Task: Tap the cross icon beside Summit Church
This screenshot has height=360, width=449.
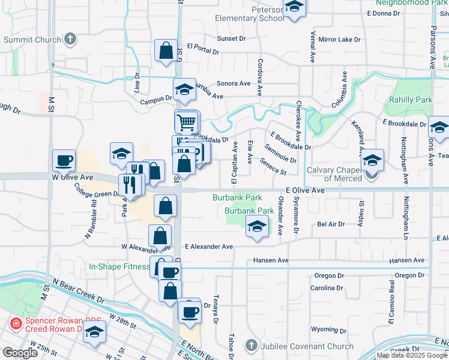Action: coord(70,40)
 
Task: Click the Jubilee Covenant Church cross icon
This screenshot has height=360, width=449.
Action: coord(251,346)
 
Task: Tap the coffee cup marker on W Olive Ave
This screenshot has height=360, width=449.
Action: coord(64,161)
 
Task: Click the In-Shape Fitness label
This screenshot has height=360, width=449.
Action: coord(119,266)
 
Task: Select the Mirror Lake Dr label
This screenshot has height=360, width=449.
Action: coord(339,39)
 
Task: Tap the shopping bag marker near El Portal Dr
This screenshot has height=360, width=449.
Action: coord(166,52)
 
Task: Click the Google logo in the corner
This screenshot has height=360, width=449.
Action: coord(20,353)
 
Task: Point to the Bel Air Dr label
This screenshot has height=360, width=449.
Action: coord(331,224)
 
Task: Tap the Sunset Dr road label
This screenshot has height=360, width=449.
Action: coord(231,38)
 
